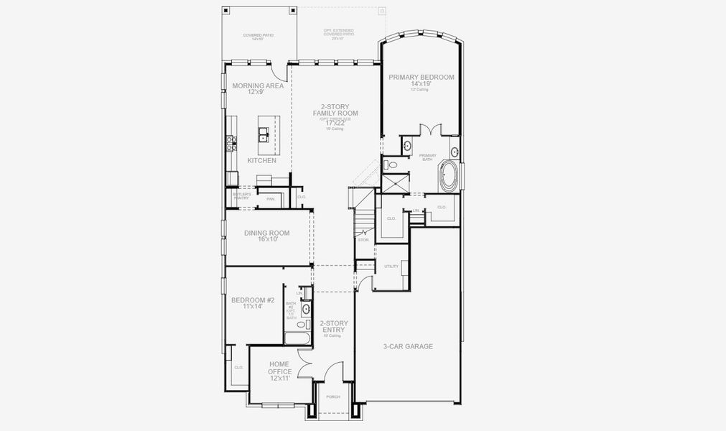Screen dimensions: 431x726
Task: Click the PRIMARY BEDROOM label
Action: (422, 77)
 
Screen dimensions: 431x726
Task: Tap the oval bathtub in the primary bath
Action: (450, 175)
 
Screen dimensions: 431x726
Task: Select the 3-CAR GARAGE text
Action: (408, 346)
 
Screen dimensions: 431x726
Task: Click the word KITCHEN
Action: (261, 160)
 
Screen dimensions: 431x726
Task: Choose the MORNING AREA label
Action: (258, 85)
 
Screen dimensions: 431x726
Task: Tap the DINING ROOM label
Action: (266, 233)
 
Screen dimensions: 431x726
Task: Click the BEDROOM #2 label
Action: (246, 301)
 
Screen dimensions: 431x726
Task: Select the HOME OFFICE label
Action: (279, 367)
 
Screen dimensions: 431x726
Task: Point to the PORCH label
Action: (332, 397)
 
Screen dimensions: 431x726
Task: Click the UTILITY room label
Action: (391, 267)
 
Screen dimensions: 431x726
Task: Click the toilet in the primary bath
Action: (391, 165)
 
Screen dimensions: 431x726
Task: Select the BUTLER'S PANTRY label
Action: (241, 196)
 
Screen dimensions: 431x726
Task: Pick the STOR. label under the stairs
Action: (363, 239)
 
